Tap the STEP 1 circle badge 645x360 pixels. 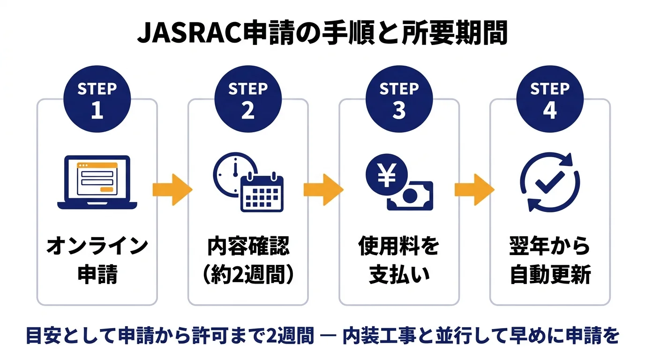pyautogui.click(x=97, y=100)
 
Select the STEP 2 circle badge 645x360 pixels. pyautogui.click(x=248, y=100)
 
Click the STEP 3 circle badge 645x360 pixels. pyautogui.click(x=399, y=100)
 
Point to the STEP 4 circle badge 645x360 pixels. pyautogui.click(x=550, y=100)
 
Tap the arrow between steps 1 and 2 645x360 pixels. pyautogui.click(x=172, y=189)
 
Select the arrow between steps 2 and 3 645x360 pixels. pyautogui.click(x=323, y=189)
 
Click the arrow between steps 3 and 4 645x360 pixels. pyautogui.click(x=474, y=189)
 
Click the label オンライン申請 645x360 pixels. pyautogui.click(x=97, y=261)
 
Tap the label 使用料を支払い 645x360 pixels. pyautogui.click(x=399, y=261)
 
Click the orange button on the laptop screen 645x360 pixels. pyautogui.click(x=106, y=189)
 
